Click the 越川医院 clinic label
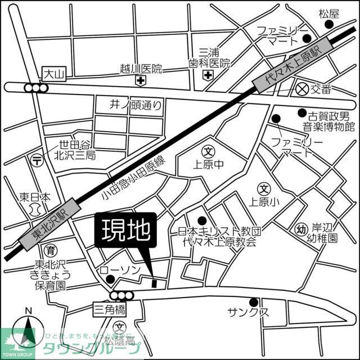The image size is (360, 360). pyautogui.click(x=141, y=69)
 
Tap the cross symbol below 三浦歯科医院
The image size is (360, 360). pyautogui.click(x=209, y=75)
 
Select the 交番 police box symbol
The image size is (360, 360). pyautogui.click(x=302, y=88)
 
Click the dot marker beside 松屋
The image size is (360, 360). pyautogui.click(x=330, y=25)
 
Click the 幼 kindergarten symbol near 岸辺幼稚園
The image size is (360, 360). pyautogui.click(x=301, y=228)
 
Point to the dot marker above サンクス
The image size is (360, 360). pyautogui.click(x=254, y=301)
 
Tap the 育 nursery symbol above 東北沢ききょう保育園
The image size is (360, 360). pyautogui.click(x=51, y=251)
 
